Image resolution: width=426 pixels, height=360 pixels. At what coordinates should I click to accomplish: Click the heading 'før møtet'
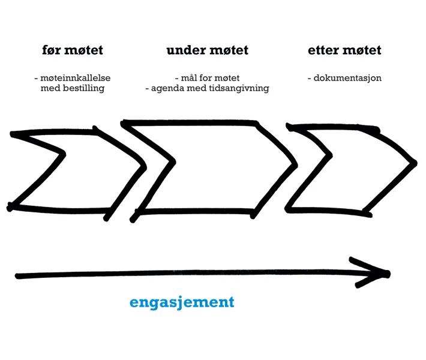[72, 50]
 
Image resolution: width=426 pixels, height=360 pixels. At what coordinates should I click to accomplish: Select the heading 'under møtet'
[207, 50]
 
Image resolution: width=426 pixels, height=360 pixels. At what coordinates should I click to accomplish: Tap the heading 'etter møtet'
[344, 50]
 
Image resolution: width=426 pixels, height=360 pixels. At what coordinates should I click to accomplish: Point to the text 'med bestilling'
[73, 89]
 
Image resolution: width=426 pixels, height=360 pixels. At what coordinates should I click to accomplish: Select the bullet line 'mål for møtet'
[207, 79]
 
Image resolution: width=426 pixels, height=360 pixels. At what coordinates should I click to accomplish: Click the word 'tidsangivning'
[240, 89]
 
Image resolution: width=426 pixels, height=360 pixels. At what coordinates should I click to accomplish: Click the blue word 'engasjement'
[182, 302]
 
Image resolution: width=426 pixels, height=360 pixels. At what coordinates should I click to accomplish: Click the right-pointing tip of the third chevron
[415, 163]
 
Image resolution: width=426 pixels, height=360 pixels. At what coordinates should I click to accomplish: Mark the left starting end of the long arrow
[18, 275]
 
